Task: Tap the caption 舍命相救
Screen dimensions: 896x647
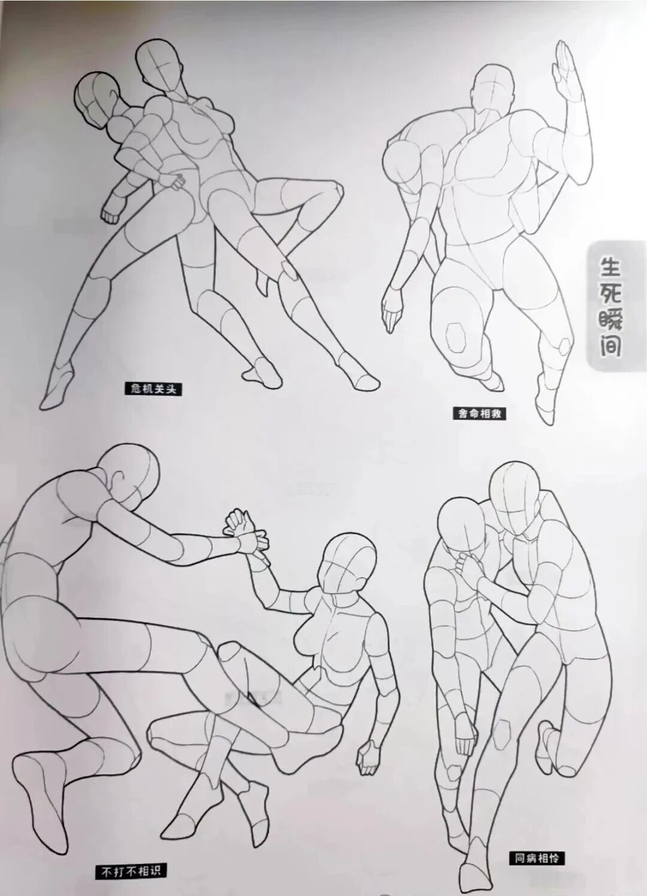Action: (x=477, y=413)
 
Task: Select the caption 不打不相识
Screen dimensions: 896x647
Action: (x=131, y=870)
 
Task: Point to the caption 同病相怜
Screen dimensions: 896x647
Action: (x=536, y=858)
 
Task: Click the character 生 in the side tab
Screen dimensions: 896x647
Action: (x=609, y=264)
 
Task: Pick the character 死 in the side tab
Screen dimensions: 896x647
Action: (x=609, y=292)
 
